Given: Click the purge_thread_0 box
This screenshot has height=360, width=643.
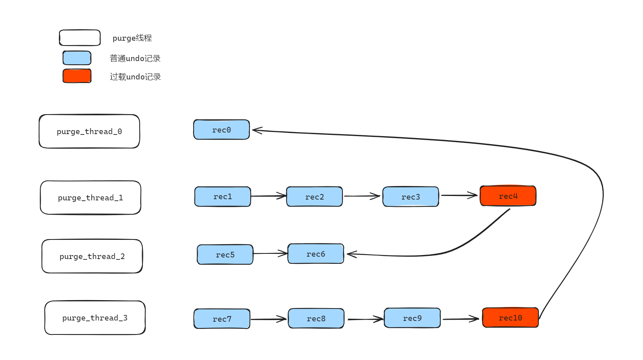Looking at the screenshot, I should coord(89,131).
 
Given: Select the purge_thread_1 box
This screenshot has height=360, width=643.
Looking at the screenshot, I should coord(91,198).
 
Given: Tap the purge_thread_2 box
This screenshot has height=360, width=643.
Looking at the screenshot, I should coord(92,256).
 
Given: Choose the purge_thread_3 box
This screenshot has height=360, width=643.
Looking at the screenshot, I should coord(95,318).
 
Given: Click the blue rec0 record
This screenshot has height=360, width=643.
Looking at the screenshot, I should coord(222,130).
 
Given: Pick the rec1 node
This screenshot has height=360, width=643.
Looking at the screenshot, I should coord(223,196).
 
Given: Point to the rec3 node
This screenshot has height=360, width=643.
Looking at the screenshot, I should coord(411,196).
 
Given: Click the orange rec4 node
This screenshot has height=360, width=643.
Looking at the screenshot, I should coord(508,196).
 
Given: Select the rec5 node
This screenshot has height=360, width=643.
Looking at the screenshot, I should coord(225,255).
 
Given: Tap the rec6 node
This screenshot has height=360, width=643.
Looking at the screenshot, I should coord(316,254).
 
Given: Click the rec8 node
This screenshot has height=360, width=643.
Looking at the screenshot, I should coord(316,318).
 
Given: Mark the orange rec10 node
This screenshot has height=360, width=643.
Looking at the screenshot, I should coord(510,318).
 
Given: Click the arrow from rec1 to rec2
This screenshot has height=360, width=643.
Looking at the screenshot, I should coord(268,196).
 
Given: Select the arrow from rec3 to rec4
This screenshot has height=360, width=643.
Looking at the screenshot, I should coord(459,195).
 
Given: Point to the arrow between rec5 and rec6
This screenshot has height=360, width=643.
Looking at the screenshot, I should coord(270,253).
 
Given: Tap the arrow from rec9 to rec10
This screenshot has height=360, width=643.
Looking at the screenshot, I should coord(461,319).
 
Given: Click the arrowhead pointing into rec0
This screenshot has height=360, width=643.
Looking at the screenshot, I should coord(257,130).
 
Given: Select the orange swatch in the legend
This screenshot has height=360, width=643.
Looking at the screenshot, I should coord(77,76).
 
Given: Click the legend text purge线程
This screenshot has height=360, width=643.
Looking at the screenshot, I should coord(132,38).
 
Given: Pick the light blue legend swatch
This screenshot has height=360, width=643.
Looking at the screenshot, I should coord(77,58).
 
